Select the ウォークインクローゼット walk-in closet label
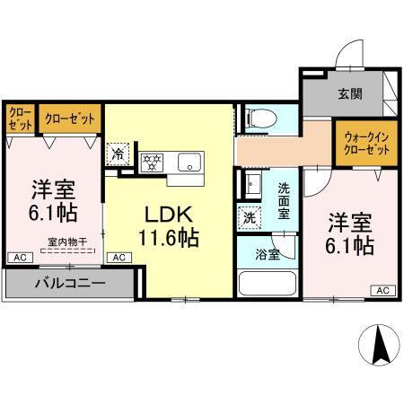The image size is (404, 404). (366, 144)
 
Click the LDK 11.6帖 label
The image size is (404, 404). (166, 227)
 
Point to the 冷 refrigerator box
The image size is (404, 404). (118, 154)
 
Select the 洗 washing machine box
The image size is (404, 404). (248, 216)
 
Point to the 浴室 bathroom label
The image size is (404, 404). (268, 254)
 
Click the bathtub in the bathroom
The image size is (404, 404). (267, 284)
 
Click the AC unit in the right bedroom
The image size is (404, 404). (382, 290)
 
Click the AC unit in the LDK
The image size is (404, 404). (118, 257)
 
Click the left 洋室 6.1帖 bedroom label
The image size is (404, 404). (54, 203)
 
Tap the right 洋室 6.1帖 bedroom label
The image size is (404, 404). (349, 233)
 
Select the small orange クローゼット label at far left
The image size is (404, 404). (19, 119)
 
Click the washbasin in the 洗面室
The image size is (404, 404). (250, 185)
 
